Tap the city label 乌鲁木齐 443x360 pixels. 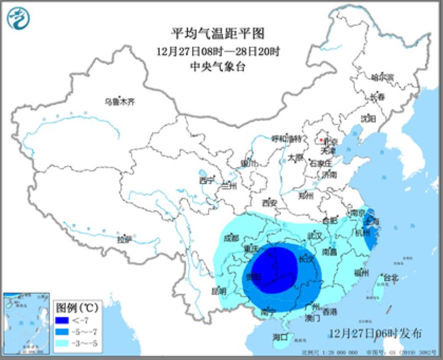[120, 101]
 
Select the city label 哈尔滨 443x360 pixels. [383, 77]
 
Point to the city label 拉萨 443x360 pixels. [125, 239]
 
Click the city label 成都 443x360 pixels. [231, 238]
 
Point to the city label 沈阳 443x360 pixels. [368, 118]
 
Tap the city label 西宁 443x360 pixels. [206, 179]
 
